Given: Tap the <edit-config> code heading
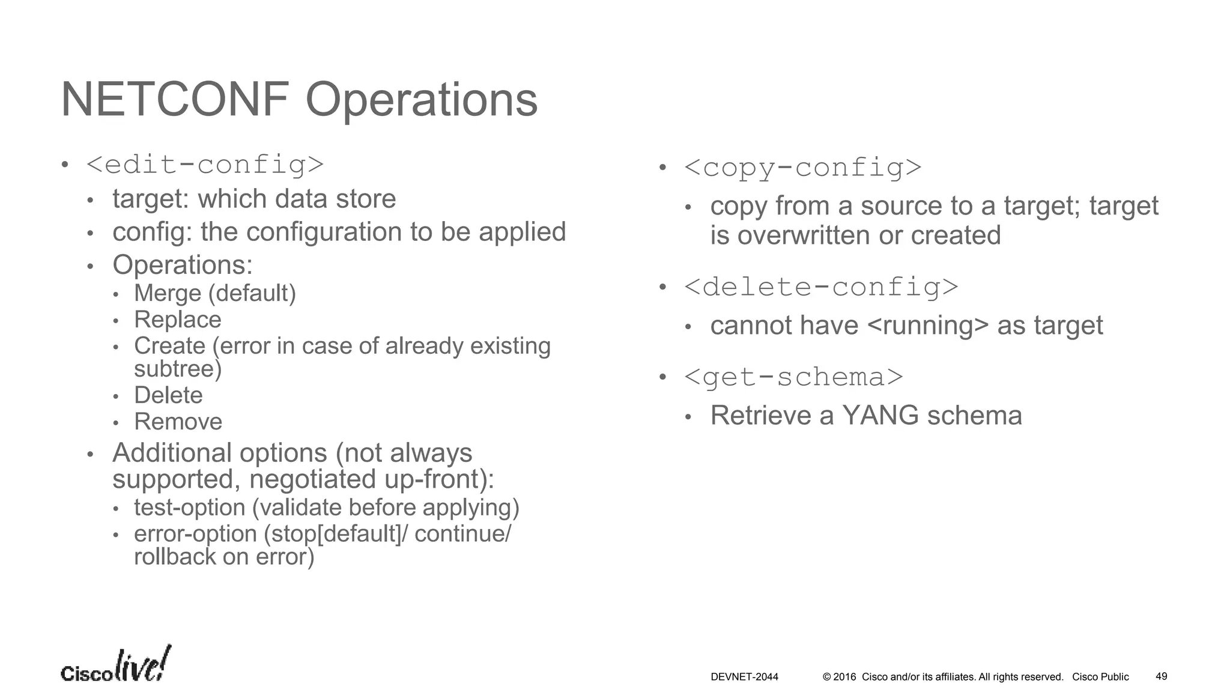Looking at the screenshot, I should click(205, 165).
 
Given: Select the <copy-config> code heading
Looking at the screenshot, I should click(802, 168).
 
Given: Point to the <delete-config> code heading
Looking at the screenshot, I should click(821, 287).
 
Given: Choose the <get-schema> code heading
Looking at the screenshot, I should click(793, 377).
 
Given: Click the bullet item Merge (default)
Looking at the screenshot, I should click(215, 293).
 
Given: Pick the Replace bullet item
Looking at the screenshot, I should click(177, 320).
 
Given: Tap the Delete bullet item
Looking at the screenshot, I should click(168, 395).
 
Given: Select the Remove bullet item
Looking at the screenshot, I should click(178, 422).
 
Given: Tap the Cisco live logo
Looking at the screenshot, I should click(116, 666).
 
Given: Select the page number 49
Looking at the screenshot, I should click(1161, 676).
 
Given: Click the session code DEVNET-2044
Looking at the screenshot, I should click(744, 677).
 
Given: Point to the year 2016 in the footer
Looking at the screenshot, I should click(844, 677).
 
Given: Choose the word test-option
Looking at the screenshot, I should click(189, 508).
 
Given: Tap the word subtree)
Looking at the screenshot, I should click(178, 369).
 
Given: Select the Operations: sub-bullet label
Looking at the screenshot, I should click(183, 265).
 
